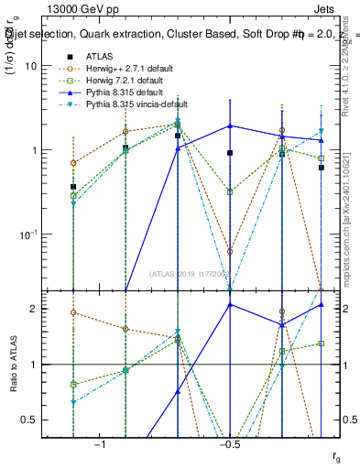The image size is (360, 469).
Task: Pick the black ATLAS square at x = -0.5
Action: click(x=230, y=153)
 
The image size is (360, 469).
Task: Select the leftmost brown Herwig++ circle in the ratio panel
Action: click(x=73, y=312)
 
